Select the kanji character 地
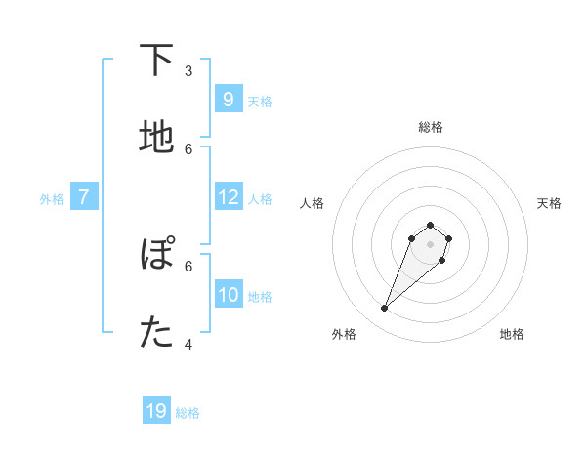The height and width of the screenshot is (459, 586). point(156,138)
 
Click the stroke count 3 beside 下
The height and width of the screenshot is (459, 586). point(188,70)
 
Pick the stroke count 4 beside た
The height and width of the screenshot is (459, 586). point(188,344)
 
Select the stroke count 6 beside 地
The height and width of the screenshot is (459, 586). point(188,148)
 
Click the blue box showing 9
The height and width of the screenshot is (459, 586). point(228,99)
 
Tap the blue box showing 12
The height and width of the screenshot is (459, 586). point(228,197)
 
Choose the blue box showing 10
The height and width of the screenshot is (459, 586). point(228,294)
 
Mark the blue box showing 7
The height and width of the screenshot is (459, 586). point(84,197)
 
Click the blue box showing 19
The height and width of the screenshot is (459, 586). point(156,411)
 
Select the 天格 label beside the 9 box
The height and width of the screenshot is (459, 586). point(260,101)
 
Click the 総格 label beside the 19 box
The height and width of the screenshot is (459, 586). point(188,413)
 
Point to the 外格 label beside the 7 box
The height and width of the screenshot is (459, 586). point(52,199)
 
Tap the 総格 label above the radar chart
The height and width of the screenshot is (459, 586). point(430,127)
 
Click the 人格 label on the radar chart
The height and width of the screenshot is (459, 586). point(313,203)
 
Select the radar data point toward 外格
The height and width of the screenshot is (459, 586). point(384,309)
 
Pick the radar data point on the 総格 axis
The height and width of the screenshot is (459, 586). point(430,225)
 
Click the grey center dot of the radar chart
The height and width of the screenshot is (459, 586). point(430,244)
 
